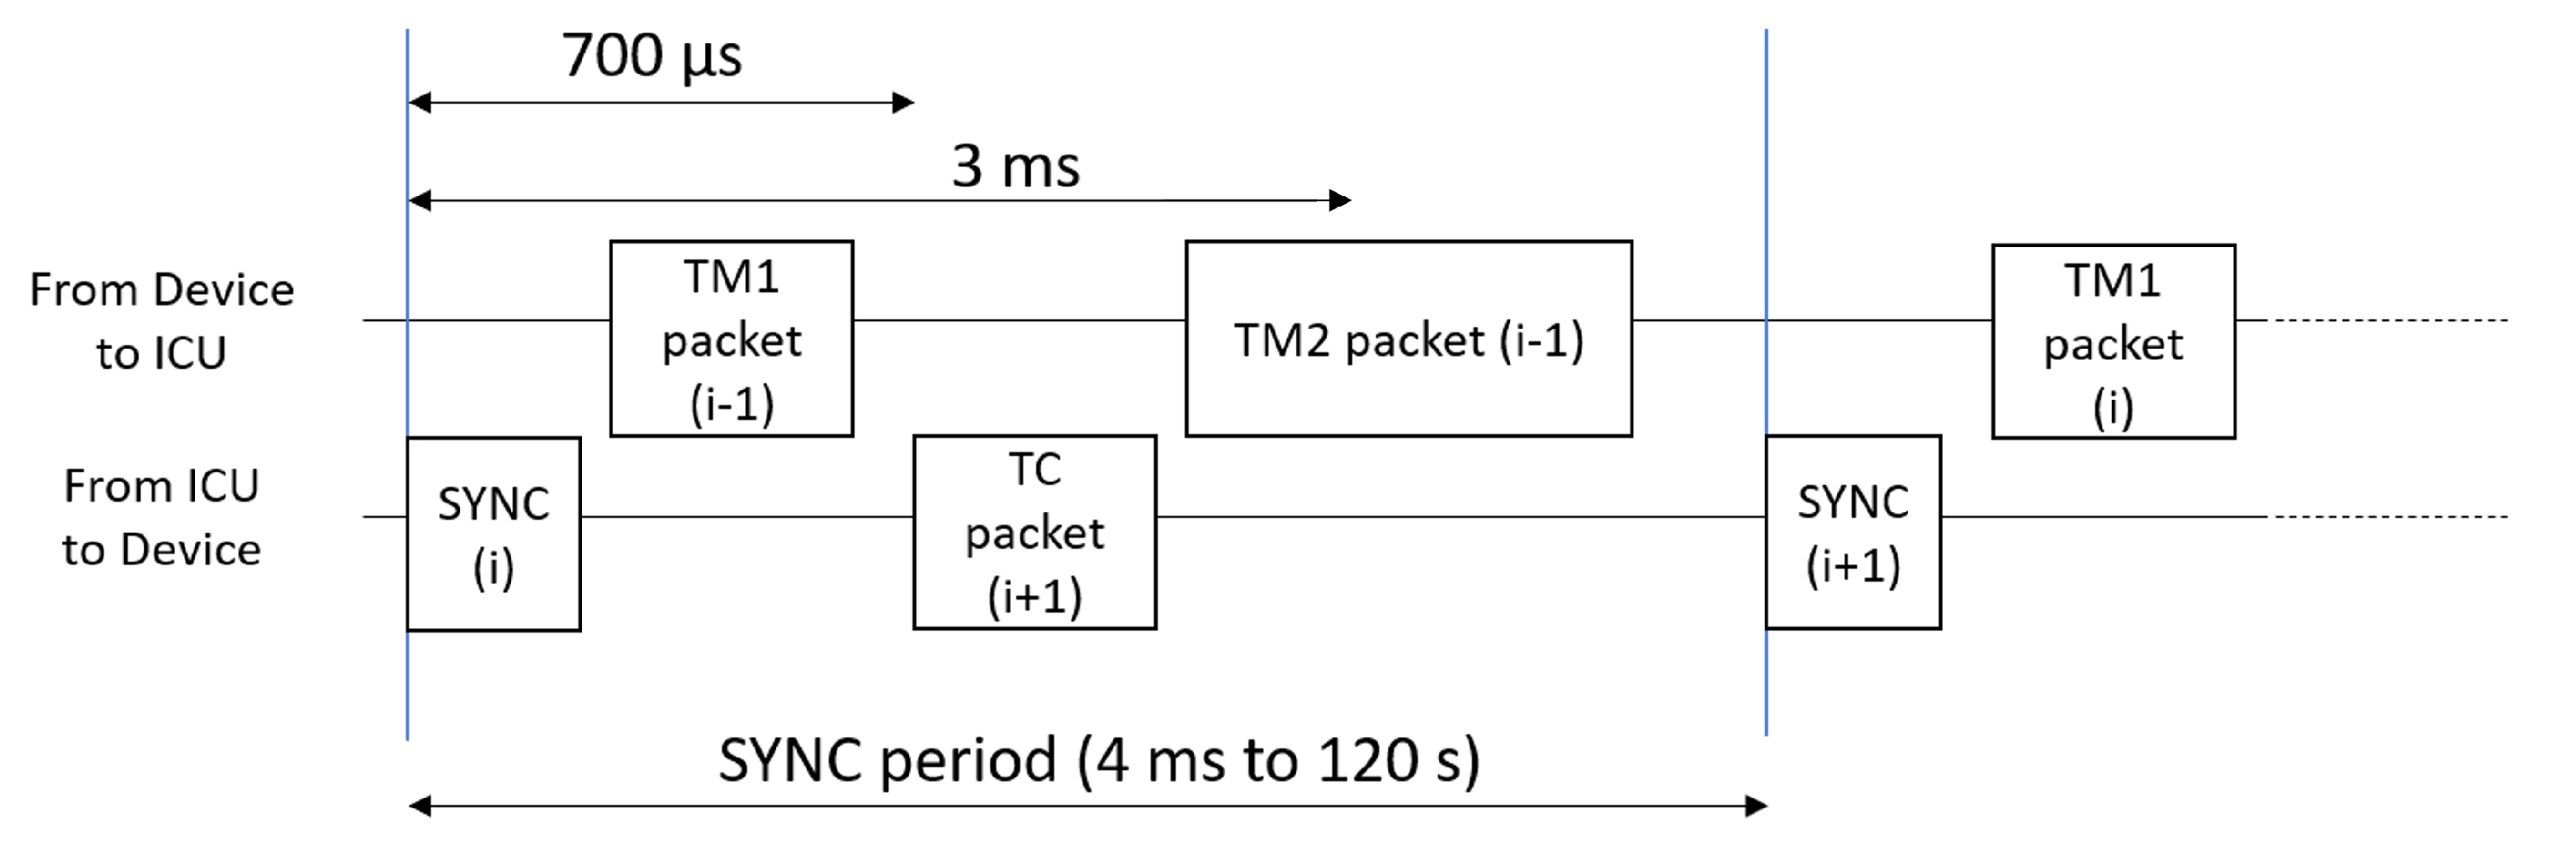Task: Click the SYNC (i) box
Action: pos(493,534)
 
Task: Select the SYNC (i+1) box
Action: pos(1852,532)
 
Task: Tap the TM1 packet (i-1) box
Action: pos(731,338)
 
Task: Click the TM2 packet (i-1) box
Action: pos(1408,338)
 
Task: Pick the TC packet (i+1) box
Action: pos(1034,532)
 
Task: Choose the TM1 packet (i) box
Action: pos(2113,341)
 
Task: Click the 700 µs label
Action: pos(651,56)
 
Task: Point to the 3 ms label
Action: pos(1015,165)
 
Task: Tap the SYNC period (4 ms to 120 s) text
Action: pos(1099,760)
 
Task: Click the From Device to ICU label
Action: pos(162,321)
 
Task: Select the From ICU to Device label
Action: pos(162,517)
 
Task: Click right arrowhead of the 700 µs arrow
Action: pos(905,102)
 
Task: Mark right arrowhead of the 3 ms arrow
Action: pos(1341,200)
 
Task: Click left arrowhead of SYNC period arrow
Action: pos(419,805)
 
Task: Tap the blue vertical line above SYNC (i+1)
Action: pos(1765,198)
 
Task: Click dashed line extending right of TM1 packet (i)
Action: pos(2388,320)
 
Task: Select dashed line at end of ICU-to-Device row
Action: pos(2388,516)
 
